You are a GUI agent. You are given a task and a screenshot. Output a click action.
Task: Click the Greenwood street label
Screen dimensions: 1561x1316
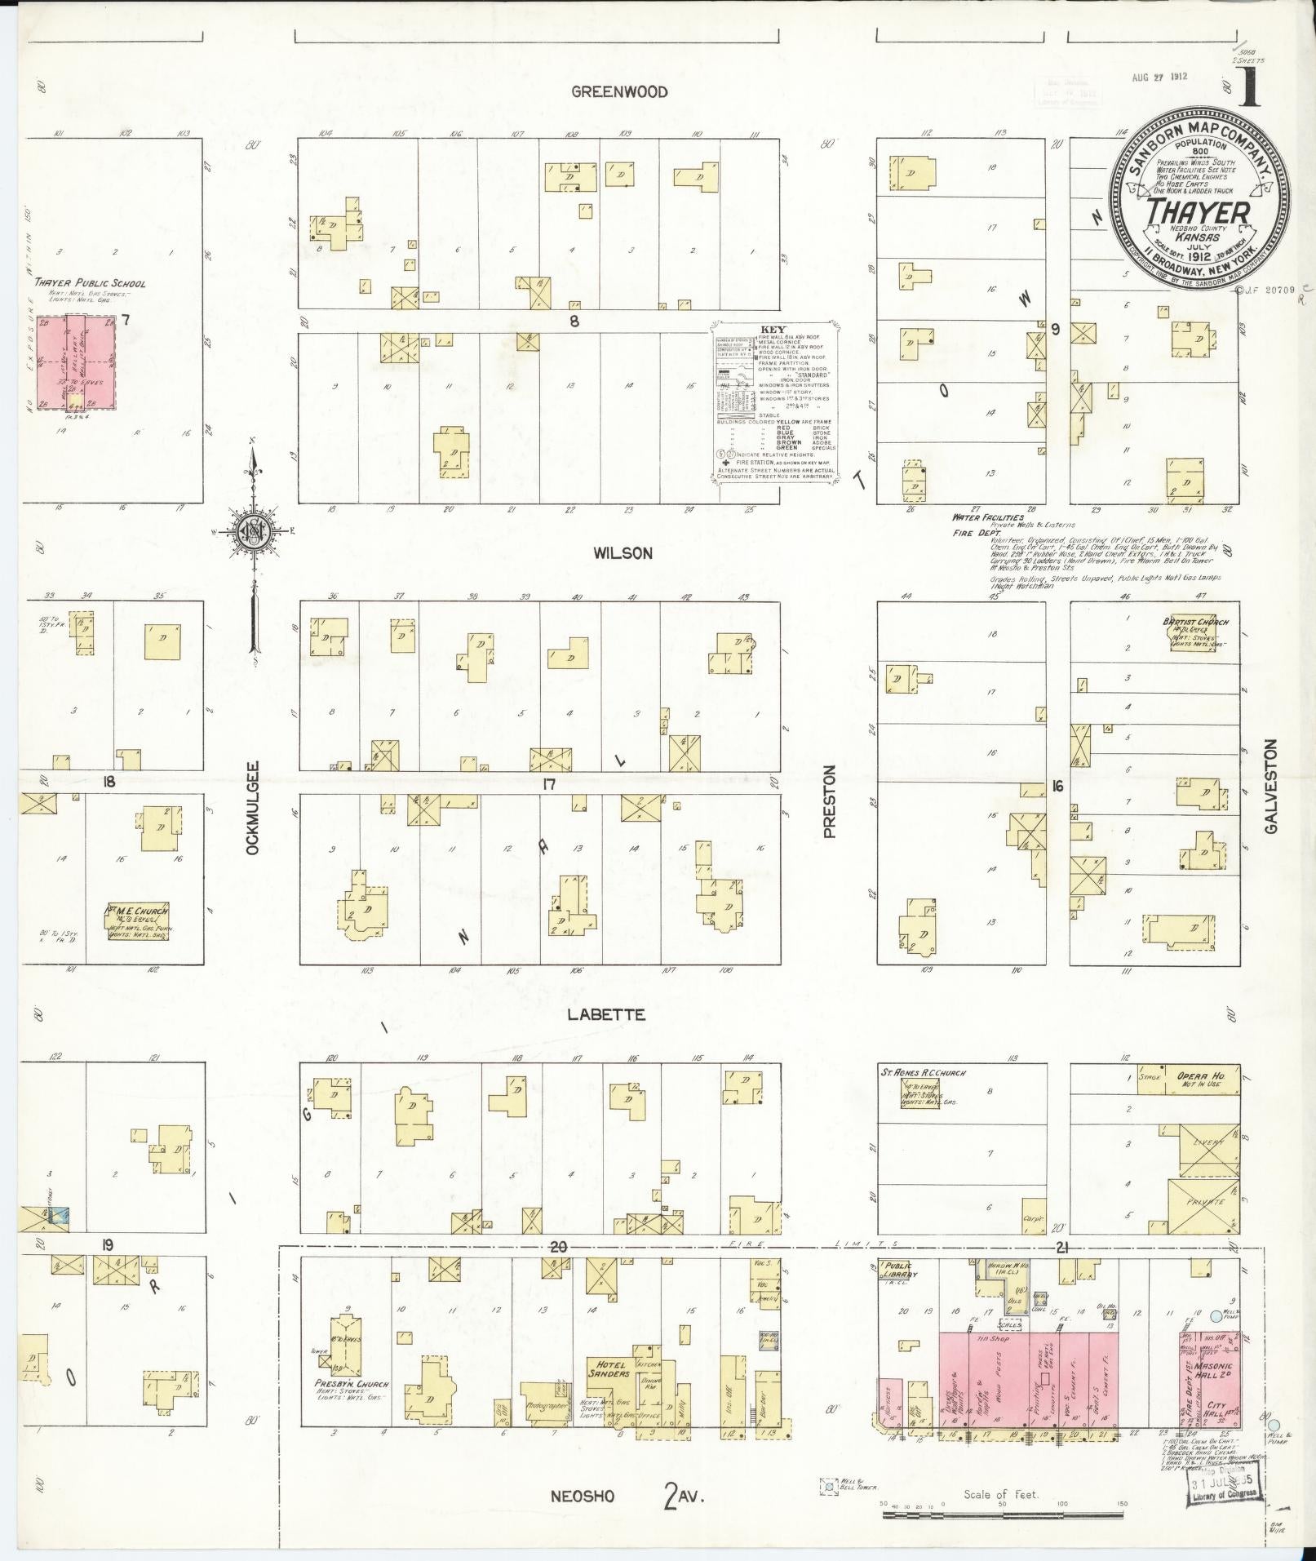[619, 92]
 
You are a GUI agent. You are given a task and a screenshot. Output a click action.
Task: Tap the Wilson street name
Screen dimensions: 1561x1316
[623, 553]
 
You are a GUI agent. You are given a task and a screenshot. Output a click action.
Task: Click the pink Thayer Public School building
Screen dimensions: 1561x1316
[78, 362]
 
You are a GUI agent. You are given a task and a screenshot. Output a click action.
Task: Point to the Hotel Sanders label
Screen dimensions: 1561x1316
[609, 1368]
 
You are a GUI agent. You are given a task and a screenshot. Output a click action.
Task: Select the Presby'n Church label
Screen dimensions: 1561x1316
[351, 1384]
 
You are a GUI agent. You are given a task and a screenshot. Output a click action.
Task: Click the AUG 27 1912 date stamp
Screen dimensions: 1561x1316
[1159, 78]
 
